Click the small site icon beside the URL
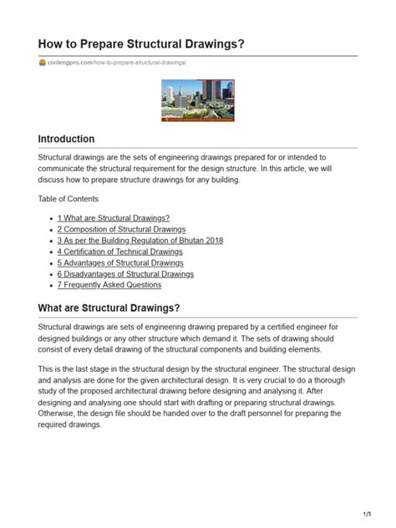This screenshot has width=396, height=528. click(42, 63)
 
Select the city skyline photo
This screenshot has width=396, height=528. click(197, 100)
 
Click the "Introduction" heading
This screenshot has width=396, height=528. click(67, 139)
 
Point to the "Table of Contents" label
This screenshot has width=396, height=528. click(69, 199)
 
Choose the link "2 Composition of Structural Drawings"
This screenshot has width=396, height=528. click(121, 229)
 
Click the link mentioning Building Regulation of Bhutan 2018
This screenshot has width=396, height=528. click(140, 241)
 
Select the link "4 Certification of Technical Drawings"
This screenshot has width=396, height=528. click(119, 251)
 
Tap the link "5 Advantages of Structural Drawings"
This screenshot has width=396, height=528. click(120, 262)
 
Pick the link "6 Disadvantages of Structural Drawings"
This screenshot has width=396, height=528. click(125, 273)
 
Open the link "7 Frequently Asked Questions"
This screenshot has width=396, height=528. click(109, 285)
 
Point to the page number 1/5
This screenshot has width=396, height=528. click(367, 513)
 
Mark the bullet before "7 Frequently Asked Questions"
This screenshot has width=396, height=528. click(52, 286)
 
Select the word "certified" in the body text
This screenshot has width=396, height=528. click(274, 327)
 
